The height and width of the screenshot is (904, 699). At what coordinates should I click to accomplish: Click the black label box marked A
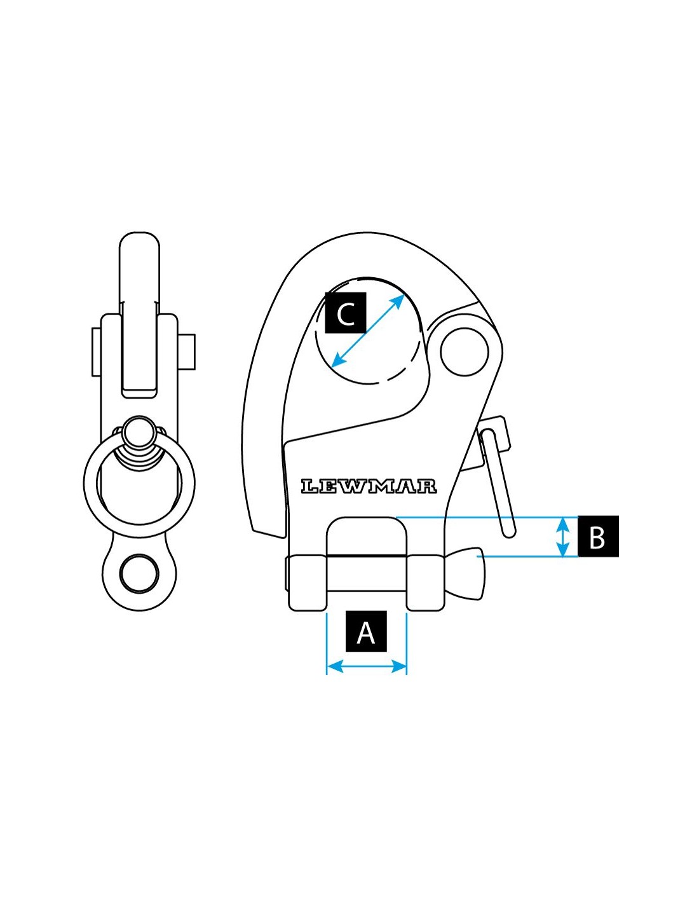tap(366, 632)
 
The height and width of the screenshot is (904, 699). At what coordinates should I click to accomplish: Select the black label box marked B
tap(597, 537)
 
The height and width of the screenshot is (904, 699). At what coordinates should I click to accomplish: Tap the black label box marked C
tap(346, 313)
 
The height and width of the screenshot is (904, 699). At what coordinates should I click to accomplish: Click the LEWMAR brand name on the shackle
tap(369, 486)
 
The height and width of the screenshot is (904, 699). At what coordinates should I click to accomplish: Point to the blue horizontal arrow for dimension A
tap(366, 666)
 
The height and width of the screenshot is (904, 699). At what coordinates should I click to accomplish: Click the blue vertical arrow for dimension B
tap(562, 537)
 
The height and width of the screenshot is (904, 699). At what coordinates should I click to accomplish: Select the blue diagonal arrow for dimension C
tap(369, 331)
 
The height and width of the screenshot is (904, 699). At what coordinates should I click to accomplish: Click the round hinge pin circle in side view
tap(464, 352)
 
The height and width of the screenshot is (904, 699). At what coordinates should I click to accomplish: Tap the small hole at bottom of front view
tap(139, 574)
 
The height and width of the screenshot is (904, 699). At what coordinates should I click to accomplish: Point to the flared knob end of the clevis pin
tap(471, 573)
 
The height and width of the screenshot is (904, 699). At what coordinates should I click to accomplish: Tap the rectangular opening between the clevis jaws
tap(366, 537)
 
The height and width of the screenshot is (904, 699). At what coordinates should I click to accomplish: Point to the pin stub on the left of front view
tap(96, 352)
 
